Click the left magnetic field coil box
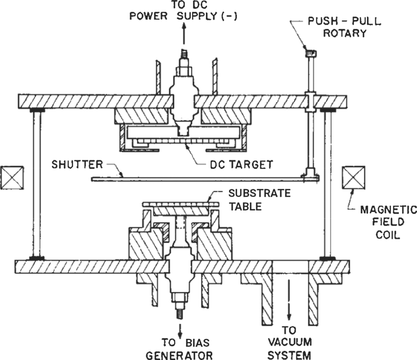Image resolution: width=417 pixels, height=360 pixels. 12,177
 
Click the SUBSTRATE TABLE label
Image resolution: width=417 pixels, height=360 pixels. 259,200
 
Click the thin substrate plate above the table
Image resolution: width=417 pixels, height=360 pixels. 181,204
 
